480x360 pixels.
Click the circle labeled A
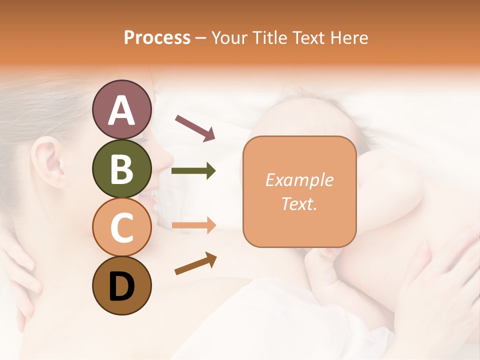[x=121, y=109]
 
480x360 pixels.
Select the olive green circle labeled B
[x=121, y=168]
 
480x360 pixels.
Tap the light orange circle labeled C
[x=121, y=227]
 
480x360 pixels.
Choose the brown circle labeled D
[x=121, y=286]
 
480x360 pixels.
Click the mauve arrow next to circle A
[x=195, y=127]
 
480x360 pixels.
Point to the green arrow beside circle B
[x=193, y=171]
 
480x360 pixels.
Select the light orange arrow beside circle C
[x=193, y=225]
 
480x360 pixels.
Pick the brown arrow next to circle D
[x=195, y=263]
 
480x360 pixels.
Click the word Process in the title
[x=157, y=38]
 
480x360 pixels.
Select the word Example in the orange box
[x=299, y=180]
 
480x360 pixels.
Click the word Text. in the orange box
[x=299, y=203]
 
